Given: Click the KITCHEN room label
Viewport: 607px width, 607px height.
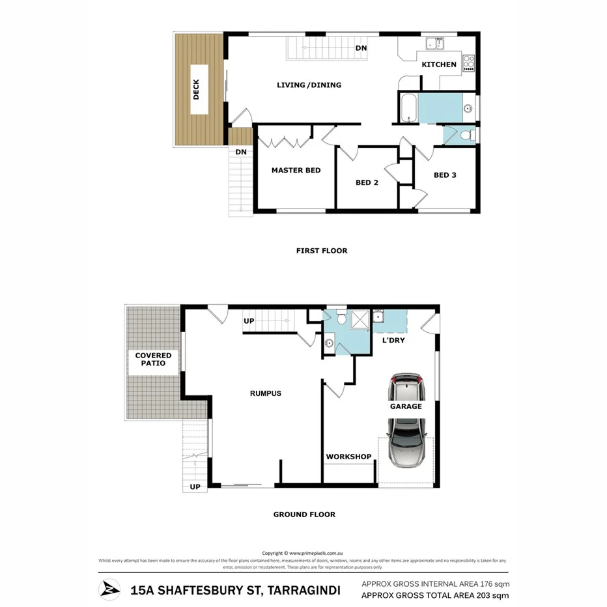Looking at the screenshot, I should click(x=439, y=64).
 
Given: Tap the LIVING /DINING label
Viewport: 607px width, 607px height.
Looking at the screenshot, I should click(x=309, y=85).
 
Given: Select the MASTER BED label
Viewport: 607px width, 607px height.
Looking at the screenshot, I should click(x=296, y=171).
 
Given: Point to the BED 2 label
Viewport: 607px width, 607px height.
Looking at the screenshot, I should click(x=367, y=183).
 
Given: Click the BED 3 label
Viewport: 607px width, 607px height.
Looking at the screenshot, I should click(x=445, y=175).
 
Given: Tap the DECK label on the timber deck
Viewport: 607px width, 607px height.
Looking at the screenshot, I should click(x=197, y=90).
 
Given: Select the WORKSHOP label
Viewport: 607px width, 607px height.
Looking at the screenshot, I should click(x=348, y=457).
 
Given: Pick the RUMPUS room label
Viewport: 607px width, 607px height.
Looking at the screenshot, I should click(x=266, y=393).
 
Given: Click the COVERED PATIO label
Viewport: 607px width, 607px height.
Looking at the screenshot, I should click(x=154, y=360).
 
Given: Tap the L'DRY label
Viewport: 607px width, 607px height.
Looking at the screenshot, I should click(x=393, y=340).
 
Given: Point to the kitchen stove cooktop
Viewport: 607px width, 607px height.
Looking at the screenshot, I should click(x=468, y=64).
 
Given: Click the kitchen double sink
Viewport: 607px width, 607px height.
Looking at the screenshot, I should click(x=435, y=44).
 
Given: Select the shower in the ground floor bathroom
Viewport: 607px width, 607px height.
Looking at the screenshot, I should click(x=359, y=319).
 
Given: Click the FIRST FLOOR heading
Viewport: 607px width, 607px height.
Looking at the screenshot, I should click(x=322, y=251).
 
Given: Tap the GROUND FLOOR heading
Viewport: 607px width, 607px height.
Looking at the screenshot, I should click(x=304, y=515).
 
